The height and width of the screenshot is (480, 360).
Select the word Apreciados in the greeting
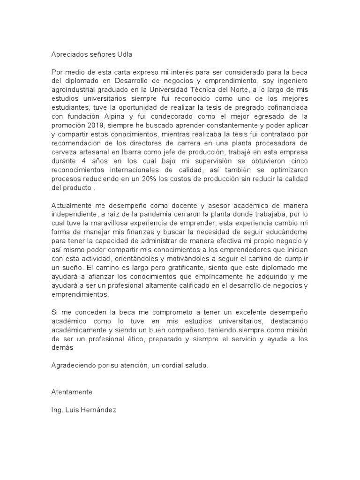tap(68, 54)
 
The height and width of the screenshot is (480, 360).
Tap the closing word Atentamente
tap(72, 391)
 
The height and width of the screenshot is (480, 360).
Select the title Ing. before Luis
tap(57, 409)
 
